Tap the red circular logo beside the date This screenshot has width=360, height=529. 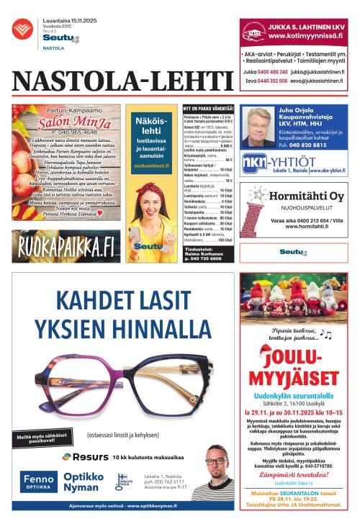[x=22, y=29]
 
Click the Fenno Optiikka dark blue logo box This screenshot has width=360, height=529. [x=37, y=480]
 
